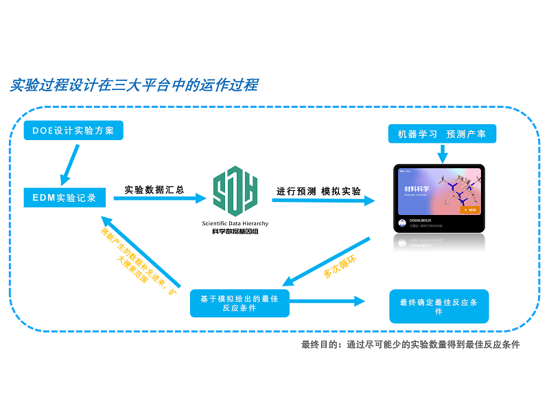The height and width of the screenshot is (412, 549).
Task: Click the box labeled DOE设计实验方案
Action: [73, 130]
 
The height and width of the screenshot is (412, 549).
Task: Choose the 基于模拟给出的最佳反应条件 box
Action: [239, 303]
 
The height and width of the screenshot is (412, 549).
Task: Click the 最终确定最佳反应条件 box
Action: [439, 306]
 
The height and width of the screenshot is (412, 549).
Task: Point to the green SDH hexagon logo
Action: [235, 190]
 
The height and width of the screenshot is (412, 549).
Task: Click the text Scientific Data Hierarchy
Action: [235, 224]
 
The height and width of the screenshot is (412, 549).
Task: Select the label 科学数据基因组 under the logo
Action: [235, 232]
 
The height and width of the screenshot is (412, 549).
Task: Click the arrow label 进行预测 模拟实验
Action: [318, 191]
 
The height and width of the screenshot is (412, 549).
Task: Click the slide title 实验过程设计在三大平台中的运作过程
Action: [135, 85]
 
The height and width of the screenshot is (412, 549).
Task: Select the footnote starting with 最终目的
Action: [410, 344]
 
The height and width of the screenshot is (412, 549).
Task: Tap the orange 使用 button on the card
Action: [469, 210]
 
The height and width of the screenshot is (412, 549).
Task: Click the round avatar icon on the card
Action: [401, 223]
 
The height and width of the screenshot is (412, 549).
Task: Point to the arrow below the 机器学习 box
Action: [442, 154]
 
